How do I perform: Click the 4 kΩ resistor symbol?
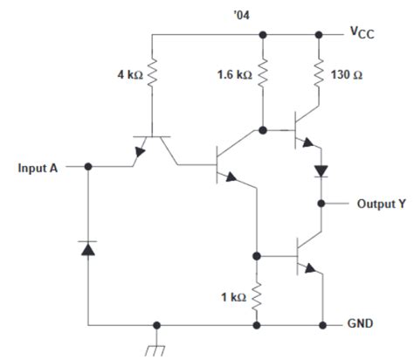click(x=152, y=75)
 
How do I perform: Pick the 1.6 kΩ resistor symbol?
click(x=262, y=75)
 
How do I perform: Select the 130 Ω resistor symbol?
click(x=317, y=73)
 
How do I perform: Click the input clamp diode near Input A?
click(x=86, y=250)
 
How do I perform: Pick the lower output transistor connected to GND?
click(x=306, y=257)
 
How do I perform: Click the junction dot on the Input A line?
click(x=86, y=166)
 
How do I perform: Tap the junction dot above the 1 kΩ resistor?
click(x=257, y=257)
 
